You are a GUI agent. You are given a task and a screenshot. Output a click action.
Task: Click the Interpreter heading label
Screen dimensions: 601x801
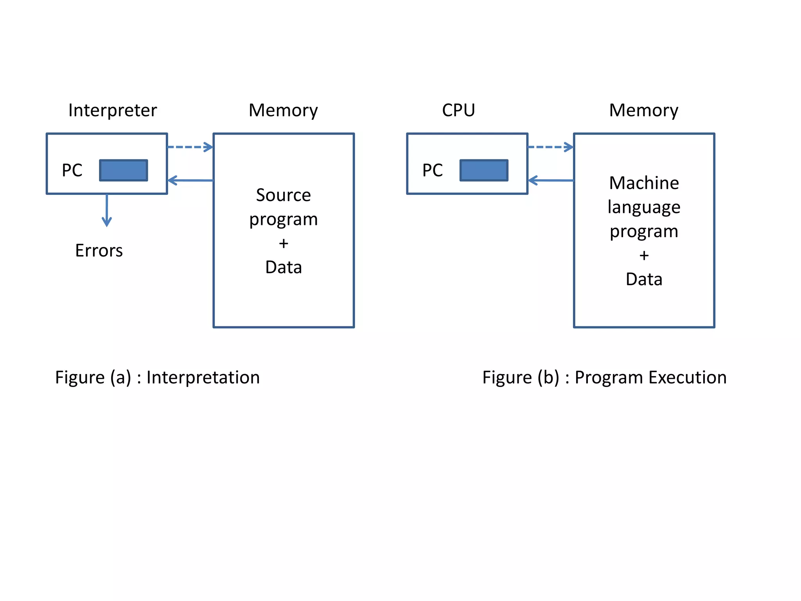[113, 110]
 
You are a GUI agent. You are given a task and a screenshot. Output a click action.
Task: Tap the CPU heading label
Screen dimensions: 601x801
[458, 110]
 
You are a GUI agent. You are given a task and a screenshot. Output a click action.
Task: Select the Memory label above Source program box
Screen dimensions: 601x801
[283, 110]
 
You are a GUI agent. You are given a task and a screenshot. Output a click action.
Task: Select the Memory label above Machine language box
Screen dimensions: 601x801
[643, 110]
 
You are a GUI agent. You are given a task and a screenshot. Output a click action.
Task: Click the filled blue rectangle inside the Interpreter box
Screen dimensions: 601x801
[124, 170]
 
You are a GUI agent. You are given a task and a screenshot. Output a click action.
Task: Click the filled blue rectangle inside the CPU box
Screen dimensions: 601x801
[484, 170]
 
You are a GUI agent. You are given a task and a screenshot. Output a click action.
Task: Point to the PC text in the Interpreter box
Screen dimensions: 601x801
[72, 170]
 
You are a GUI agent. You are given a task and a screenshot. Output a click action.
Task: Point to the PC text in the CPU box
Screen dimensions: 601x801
[433, 170]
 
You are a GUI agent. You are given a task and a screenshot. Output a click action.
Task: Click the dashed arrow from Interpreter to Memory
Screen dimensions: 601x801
[190, 147]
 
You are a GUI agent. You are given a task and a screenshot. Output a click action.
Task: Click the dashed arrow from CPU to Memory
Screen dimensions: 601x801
[550, 147]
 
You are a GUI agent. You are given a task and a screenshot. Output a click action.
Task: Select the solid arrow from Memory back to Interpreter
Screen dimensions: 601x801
[190, 180]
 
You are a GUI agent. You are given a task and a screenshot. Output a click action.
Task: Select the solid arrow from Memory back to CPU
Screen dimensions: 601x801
[551, 180]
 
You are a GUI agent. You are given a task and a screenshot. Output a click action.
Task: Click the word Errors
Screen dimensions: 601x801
[99, 250]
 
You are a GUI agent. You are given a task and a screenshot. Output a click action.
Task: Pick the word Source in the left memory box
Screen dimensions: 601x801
[283, 195]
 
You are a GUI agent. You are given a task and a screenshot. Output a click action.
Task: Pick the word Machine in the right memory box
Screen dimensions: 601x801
[644, 183]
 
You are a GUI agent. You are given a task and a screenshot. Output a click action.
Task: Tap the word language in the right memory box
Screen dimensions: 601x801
[644, 207]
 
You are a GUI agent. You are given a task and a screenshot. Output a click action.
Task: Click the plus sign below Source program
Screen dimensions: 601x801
[284, 243]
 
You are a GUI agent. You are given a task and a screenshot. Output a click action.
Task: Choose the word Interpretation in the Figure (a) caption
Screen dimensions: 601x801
[203, 378]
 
